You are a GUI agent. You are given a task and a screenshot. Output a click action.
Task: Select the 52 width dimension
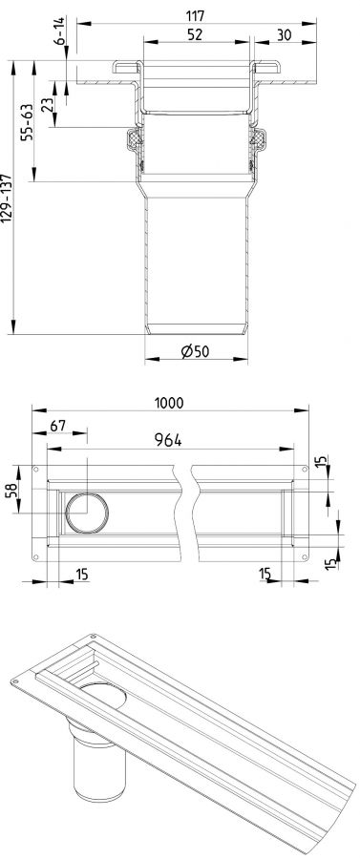[x=195, y=34]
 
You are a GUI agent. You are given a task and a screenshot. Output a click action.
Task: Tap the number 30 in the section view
[x=284, y=34]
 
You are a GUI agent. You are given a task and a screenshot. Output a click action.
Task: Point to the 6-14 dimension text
[x=59, y=31]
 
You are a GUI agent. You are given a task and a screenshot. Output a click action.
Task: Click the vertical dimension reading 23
[x=47, y=103]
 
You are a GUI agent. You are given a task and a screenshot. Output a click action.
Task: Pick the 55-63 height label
[x=28, y=122]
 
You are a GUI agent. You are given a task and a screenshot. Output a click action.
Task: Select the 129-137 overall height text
[x=6, y=198]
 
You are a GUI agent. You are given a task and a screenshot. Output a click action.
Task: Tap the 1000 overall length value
[x=169, y=403]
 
